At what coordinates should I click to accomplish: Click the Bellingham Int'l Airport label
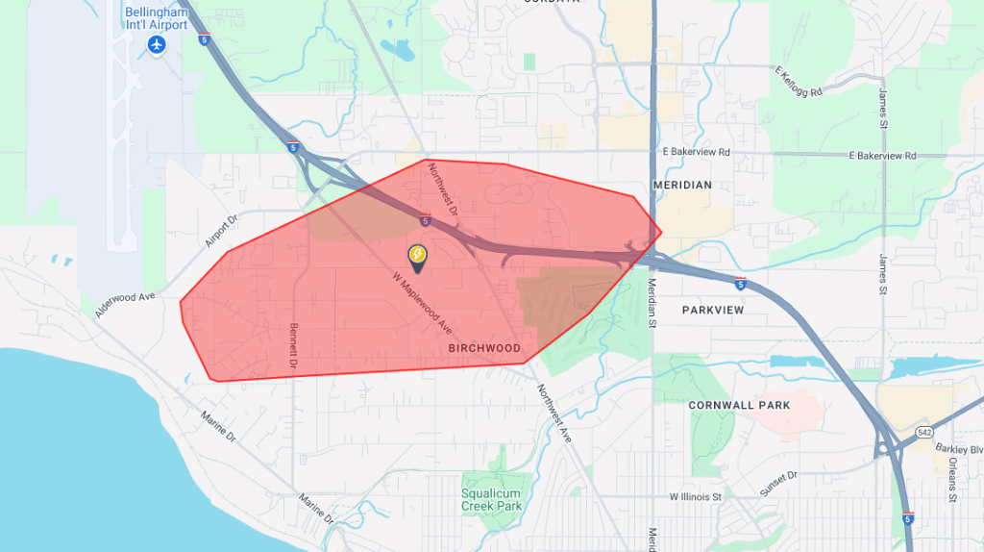tap(156, 17)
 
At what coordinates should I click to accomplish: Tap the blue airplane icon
tap(156, 44)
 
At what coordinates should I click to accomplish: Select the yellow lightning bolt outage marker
tap(417, 255)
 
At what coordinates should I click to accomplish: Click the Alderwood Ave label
tap(124, 305)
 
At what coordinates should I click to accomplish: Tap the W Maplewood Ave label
tap(423, 302)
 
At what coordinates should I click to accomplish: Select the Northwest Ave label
tap(554, 414)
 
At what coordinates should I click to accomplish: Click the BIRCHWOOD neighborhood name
tap(484, 348)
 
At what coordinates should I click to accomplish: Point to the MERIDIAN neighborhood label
tap(682, 185)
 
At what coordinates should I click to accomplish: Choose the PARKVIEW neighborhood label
tap(713, 311)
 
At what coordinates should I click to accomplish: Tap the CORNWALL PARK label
tap(739, 406)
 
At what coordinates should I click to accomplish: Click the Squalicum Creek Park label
tap(491, 499)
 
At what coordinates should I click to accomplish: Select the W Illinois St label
tap(695, 497)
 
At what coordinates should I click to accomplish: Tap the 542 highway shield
tap(923, 433)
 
